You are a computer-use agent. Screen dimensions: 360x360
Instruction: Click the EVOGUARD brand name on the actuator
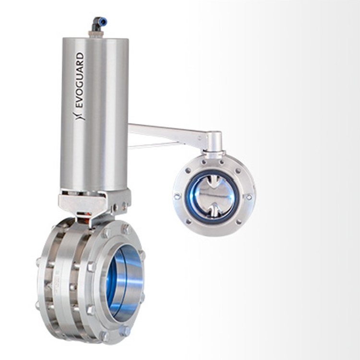click(x=79, y=80)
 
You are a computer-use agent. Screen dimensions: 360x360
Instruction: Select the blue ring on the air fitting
click(x=104, y=22)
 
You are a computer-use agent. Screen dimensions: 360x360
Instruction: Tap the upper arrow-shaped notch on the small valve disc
click(x=213, y=181)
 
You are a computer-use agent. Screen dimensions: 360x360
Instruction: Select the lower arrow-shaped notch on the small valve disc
click(x=213, y=211)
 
